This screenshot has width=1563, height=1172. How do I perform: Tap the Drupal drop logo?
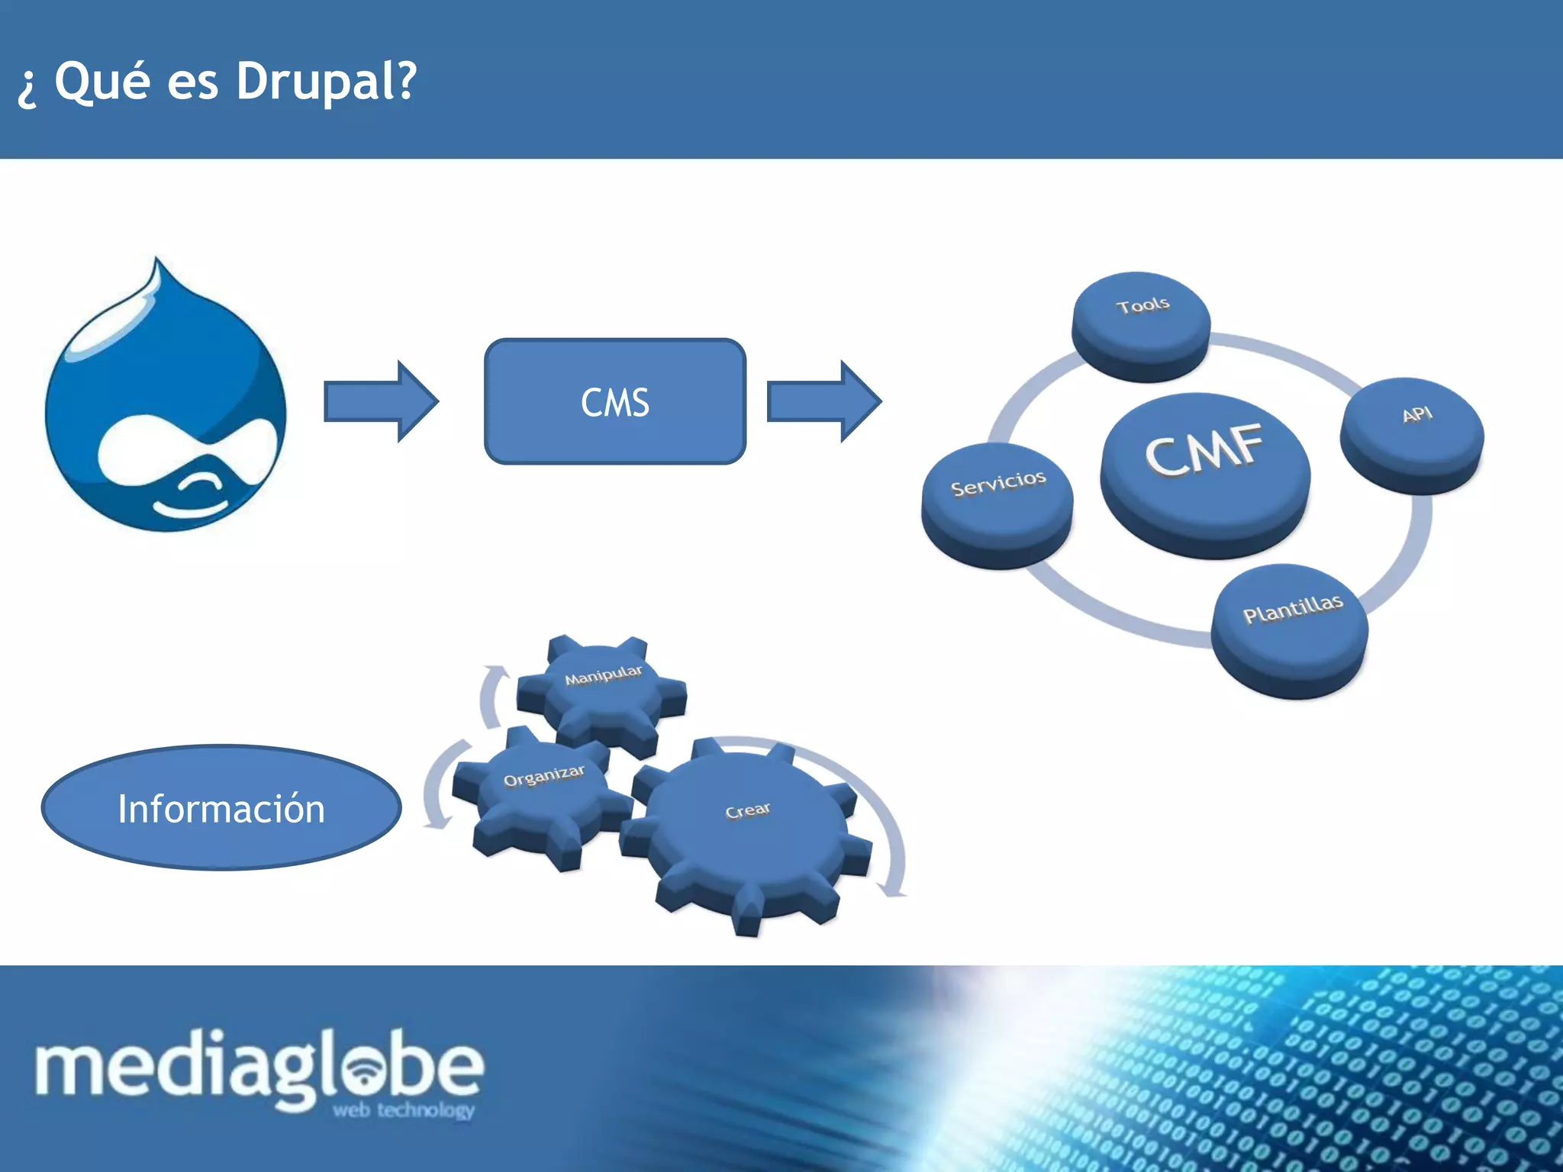click(166, 404)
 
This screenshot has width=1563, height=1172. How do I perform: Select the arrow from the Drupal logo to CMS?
click(380, 401)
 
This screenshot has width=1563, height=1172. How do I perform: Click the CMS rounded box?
click(615, 401)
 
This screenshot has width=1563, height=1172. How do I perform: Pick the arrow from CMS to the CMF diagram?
click(823, 401)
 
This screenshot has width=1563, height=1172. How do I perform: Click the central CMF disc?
click(1205, 473)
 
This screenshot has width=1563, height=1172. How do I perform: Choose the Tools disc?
click(1142, 324)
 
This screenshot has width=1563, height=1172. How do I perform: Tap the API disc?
click(1413, 435)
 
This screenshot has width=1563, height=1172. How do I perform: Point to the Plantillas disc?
click(1291, 629)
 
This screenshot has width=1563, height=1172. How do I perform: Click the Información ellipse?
click(221, 808)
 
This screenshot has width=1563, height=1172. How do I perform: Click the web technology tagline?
click(404, 1109)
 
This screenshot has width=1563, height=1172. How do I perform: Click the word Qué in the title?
click(102, 81)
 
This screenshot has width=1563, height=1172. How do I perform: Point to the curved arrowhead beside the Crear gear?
click(891, 889)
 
